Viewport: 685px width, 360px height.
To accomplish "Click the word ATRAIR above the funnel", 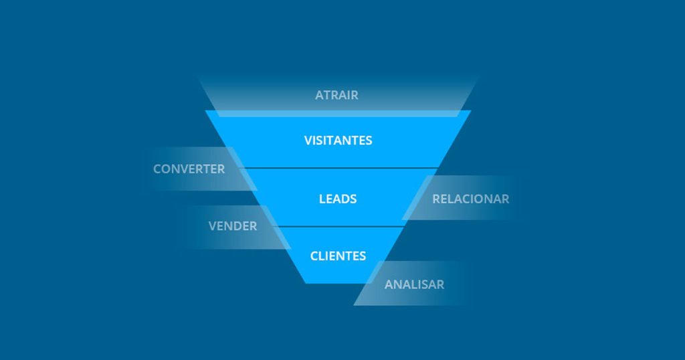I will pos(336,95).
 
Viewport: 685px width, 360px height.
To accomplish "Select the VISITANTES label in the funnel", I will pos(338,141).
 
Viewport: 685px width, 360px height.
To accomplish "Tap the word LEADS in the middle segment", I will pos(338,199).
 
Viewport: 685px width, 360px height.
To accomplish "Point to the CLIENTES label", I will pos(338,256).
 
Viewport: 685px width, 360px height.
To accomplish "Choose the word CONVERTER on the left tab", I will pos(189,169).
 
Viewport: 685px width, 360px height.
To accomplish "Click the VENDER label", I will pos(232,226).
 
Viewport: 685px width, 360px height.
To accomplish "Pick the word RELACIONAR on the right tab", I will pos(470,199).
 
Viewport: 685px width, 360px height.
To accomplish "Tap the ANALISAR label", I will pos(414,284).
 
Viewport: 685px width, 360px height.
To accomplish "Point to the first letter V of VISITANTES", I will pos(308,141).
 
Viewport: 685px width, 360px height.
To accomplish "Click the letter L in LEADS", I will pos(322,199).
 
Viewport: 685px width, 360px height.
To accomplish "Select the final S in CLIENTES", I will pos(363,256).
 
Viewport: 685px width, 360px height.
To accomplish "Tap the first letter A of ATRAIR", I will pos(319,95).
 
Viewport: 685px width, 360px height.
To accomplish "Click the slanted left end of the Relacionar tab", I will pos(415,199).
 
